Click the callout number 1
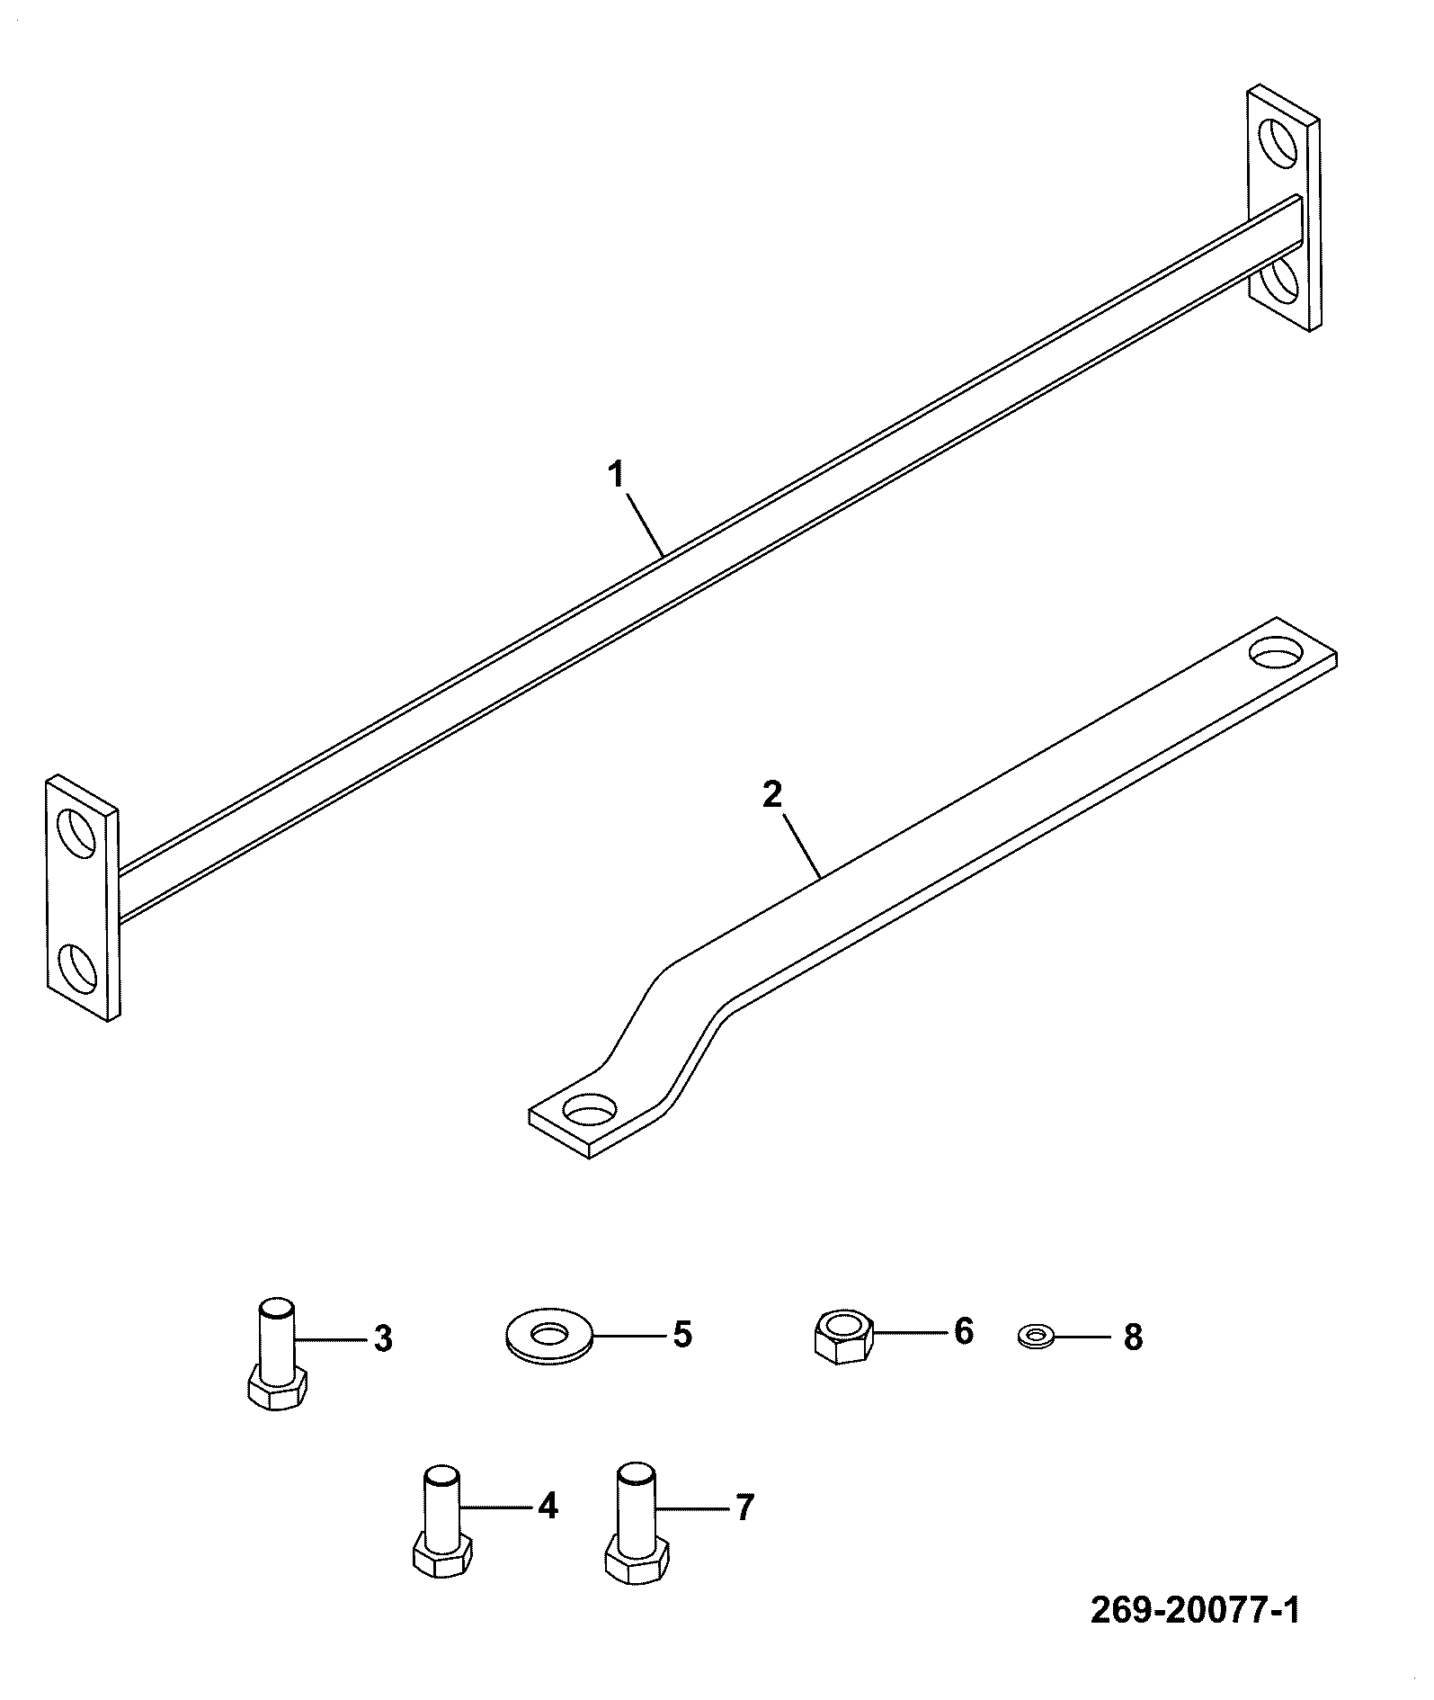pos(617,475)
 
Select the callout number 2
pos(772,794)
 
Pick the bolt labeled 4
pos(443,1521)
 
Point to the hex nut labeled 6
pos(842,1336)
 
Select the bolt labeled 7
pos(637,1521)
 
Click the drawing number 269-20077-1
pos(1195,1610)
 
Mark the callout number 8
pos(1133,1338)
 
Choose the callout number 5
pos(682,1335)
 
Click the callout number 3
pos(383,1339)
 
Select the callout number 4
pos(548,1506)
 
